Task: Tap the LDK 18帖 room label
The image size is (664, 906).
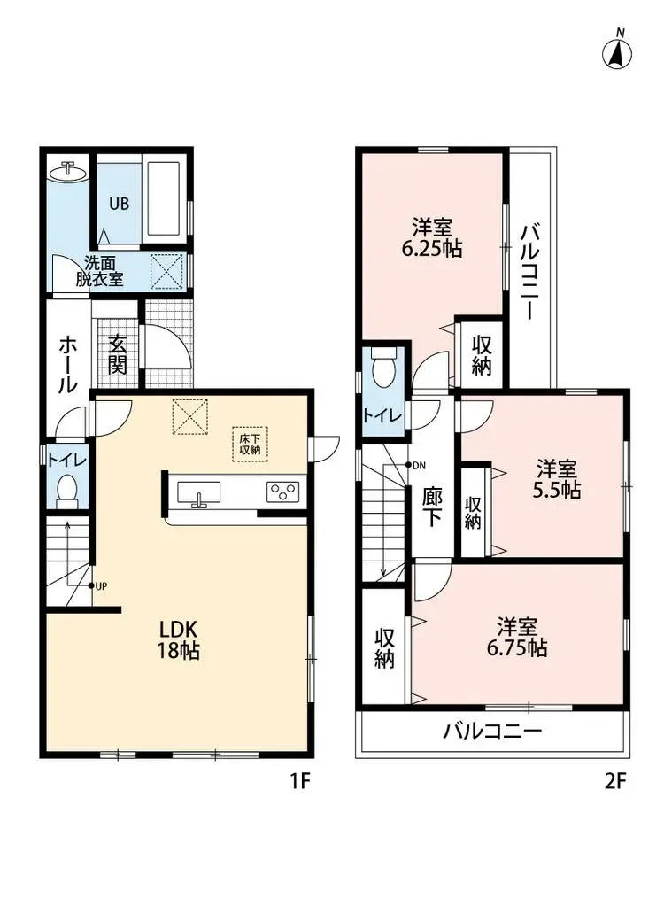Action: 179,639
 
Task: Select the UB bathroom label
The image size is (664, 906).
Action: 119,203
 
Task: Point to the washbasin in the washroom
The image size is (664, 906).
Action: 67,173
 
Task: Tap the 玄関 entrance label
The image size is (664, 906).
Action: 118,352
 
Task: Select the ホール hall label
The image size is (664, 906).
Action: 66,363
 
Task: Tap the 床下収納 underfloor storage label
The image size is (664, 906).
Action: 250,443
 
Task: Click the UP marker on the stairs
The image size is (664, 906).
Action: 97,585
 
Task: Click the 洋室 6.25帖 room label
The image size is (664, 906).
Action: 431,236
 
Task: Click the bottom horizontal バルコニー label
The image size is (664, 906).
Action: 492,732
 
